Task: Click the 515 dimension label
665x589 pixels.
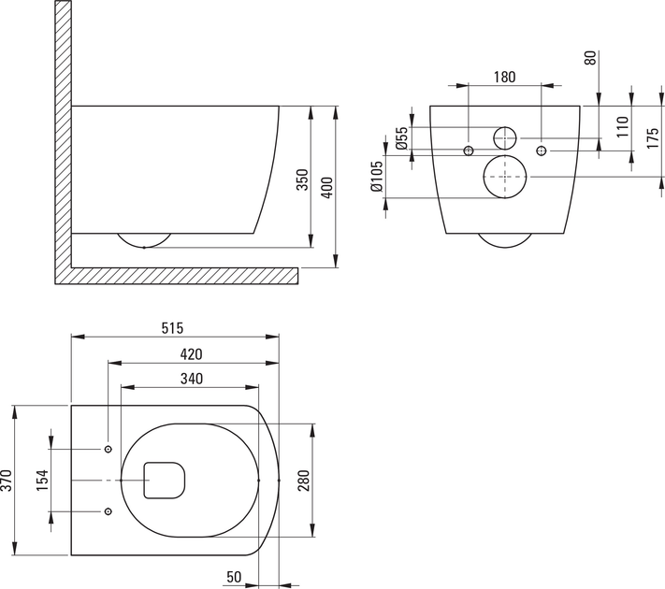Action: (173, 328)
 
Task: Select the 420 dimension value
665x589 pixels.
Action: (192, 354)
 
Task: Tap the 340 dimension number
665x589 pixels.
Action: (192, 379)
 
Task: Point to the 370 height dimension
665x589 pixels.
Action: (7, 481)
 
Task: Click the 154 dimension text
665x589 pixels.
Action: (42, 481)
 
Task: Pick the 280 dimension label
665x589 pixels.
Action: (304, 481)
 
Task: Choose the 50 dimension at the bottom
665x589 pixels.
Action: (234, 577)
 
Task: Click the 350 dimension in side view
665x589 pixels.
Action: (302, 180)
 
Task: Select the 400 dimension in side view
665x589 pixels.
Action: (327, 187)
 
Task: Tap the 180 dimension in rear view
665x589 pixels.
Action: (505, 77)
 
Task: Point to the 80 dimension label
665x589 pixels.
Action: (590, 57)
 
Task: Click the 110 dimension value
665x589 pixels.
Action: (622, 126)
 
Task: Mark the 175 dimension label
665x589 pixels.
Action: (653, 136)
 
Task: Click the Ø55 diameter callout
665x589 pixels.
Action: (401, 137)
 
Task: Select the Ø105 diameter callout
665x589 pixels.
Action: (377, 176)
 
